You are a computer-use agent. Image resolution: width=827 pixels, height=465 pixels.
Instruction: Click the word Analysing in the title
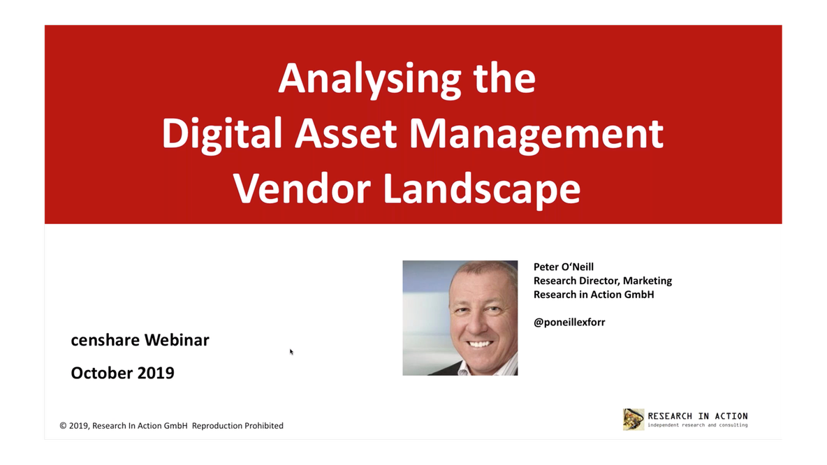369,79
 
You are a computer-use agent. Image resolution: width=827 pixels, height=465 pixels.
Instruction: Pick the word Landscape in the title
482,189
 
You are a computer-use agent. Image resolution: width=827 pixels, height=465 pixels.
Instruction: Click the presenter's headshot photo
460,318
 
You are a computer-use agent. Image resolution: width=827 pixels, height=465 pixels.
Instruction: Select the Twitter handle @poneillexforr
569,322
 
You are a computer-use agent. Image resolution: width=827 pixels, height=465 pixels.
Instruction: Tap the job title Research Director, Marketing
602,281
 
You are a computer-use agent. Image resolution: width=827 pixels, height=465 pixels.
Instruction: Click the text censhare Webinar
140,340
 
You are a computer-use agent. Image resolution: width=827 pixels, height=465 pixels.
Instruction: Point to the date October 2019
122,373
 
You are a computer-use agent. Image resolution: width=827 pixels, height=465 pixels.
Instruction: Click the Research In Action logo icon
633,419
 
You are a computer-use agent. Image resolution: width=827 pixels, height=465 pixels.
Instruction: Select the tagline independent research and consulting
697,425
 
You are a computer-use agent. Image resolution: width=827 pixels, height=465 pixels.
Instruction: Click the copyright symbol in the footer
63,426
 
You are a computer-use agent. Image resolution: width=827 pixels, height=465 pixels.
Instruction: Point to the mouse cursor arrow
291,351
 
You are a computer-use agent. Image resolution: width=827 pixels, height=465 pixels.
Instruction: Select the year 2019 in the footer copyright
79,426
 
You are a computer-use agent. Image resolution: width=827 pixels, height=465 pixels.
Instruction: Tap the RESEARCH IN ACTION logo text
697,416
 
